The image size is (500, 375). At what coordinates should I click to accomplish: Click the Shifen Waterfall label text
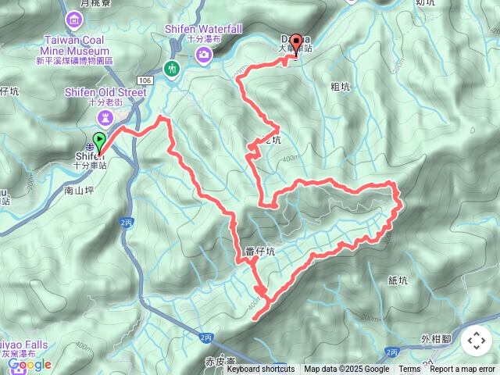point(203,29)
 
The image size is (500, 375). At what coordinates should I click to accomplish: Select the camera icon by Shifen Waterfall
point(203,54)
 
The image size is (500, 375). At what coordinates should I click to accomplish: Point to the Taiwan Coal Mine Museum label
point(74,45)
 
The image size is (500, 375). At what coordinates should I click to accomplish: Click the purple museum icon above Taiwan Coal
point(74,19)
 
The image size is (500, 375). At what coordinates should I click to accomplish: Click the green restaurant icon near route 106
point(172,70)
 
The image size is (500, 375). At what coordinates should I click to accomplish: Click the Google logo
point(29,364)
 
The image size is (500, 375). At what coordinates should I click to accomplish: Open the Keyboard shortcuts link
point(261,370)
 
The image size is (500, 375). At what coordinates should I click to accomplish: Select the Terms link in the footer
point(409,370)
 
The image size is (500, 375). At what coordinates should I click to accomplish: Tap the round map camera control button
point(476,341)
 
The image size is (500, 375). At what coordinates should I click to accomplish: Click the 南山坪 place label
point(79,189)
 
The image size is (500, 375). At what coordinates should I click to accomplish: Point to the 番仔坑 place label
point(260,252)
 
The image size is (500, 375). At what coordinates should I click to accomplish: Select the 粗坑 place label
point(341,87)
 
